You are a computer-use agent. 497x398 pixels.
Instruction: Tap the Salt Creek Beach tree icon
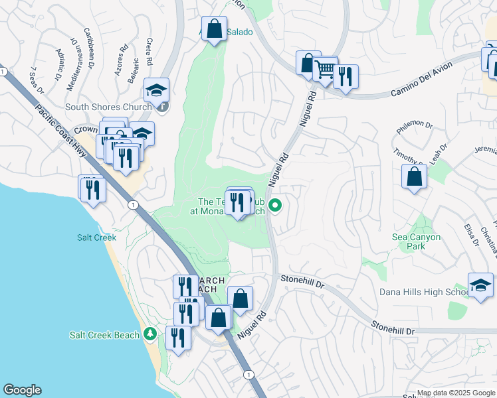(151, 334)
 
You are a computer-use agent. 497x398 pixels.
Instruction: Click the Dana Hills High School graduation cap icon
(480, 285)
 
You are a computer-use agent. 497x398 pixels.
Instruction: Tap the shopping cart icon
(325, 68)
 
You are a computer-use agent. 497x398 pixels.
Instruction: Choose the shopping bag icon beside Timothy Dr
(414, 177)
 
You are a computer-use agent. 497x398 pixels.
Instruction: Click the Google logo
(22, 390)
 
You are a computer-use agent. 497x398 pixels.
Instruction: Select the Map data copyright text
(456, 393)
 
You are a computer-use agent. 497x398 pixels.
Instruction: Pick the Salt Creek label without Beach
(96, 237)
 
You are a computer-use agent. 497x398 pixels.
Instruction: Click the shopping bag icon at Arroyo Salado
(214, 30)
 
